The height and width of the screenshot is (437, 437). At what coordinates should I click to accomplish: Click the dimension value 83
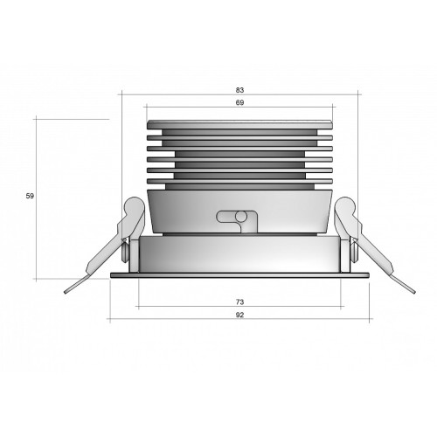[x=239, y=90]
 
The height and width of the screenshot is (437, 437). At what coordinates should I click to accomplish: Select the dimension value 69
[x=239, y=103]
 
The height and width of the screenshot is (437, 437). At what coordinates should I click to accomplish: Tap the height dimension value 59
[x=30, y=196]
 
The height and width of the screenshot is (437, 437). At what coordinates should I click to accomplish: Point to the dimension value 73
[x=239, y=302]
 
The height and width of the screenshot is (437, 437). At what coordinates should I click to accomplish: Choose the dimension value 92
[x=239, y=315]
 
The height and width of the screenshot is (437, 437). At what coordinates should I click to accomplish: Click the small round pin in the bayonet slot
[x=241, y=216]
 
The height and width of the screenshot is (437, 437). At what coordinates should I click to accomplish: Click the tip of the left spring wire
[x=66, y=292]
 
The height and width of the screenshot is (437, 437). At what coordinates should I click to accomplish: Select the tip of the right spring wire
[x=414, y=292]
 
